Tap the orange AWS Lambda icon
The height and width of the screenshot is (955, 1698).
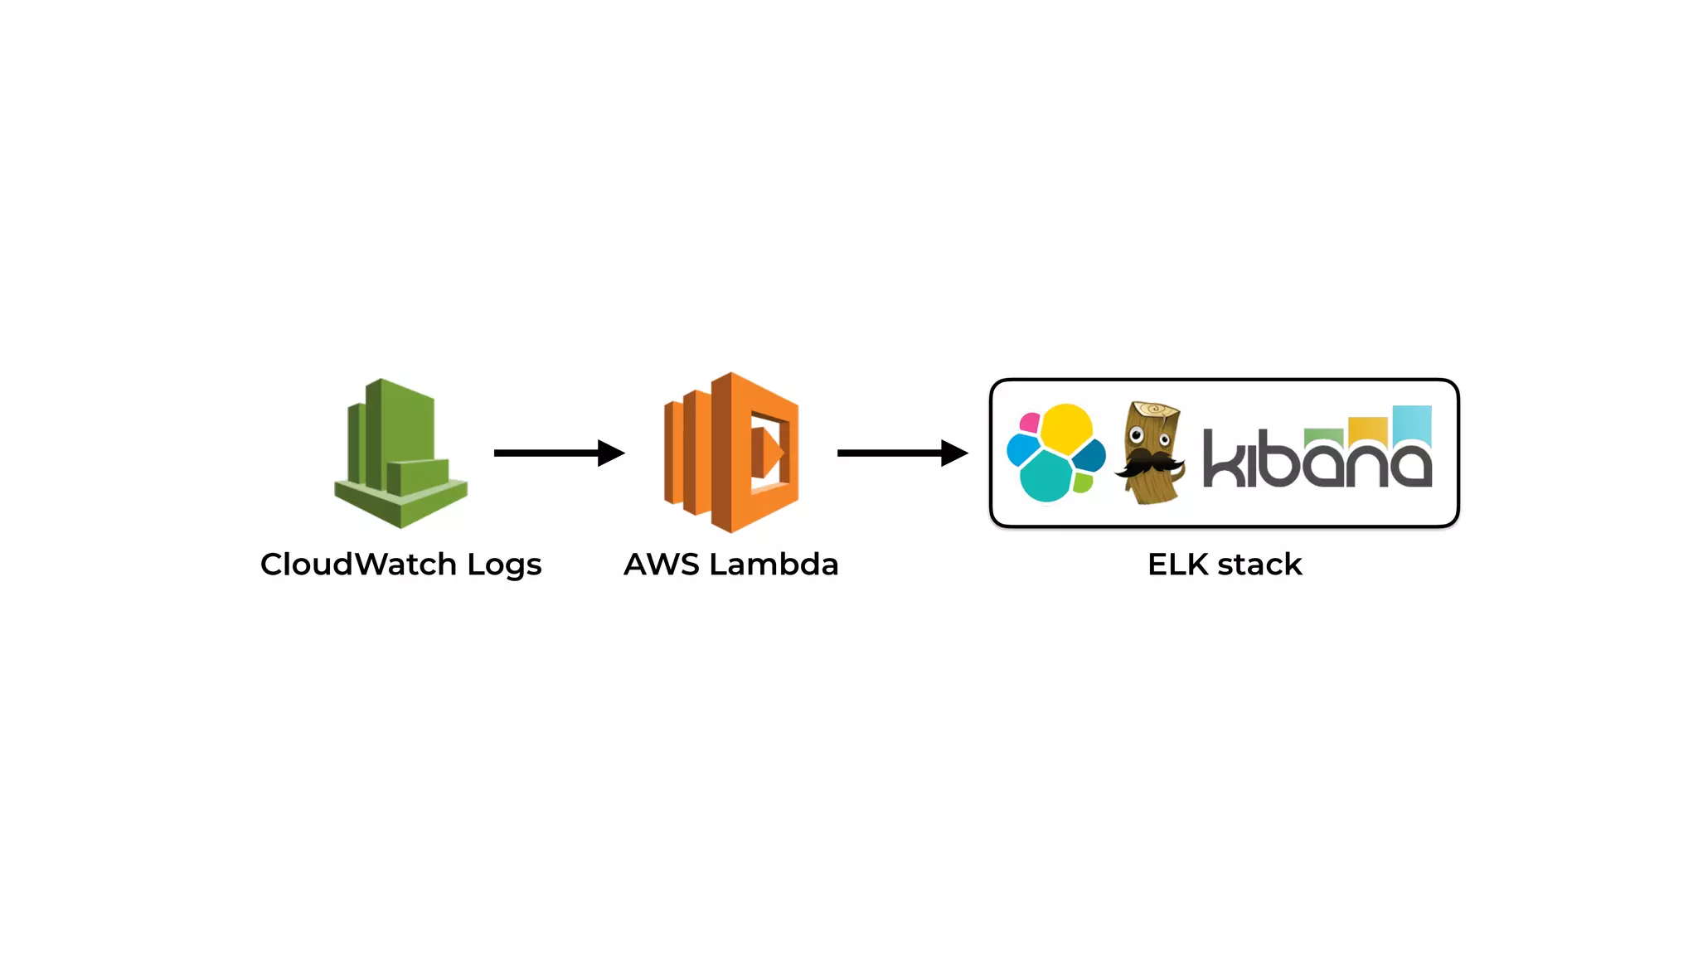(730, 453)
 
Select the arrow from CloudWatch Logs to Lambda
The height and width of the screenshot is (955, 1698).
(558, 453)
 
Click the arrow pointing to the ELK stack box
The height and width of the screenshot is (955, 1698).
(902, 453)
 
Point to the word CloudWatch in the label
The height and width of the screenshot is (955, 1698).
(358, 565)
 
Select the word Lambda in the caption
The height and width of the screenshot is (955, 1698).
(774, 565)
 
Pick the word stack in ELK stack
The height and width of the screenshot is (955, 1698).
(1259, 565)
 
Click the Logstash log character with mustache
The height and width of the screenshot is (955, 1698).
(1150, 453)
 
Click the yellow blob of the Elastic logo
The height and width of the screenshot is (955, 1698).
(1066, 428)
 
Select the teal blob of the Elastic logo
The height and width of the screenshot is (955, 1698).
(1045, 477)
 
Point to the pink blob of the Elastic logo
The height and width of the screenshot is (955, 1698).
(1030, 423)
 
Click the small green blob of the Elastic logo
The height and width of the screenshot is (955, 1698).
(1083, 482)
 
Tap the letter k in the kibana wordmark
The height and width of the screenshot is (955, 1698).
(1222, 458)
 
